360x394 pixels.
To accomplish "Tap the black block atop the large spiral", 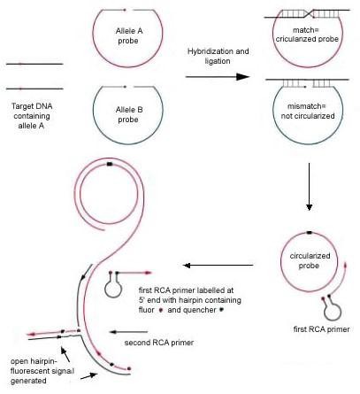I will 109,165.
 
